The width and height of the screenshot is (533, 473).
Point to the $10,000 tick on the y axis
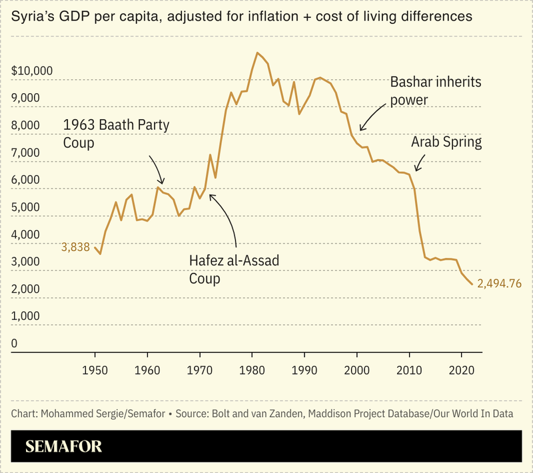(33, 71)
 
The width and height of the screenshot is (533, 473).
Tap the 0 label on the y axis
(15, 344)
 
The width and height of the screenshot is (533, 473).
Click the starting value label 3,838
(75, 246)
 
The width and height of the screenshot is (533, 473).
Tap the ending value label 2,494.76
(499, 284)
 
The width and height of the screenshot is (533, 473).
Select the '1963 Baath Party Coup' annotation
(117, 133)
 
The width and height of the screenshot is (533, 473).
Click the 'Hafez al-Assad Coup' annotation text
(234, 269)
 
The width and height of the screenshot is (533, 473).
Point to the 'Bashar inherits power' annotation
(435, 90)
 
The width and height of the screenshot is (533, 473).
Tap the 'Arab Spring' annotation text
(446, 142)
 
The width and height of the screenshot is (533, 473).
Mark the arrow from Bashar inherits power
(372, 118)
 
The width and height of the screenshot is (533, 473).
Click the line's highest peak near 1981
(257, 53)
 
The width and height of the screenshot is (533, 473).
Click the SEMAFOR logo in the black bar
(64, 446)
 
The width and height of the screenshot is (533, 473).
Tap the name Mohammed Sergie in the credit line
(80, 413)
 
